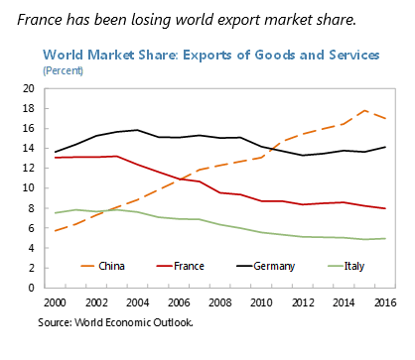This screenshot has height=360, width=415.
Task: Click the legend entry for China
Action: pyautogui.click(x=103, y=266)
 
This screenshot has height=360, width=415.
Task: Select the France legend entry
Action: pyautogui.click(x=181, y=266)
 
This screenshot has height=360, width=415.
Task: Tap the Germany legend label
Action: pyautogui.click(x=266, y=267)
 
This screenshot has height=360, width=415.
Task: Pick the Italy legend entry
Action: pyautogui.click(x=346, y=266)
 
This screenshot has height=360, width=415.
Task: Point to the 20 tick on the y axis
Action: pyautogui.click(x=29, y=88)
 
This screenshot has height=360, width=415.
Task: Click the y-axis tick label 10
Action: pyautogui.click(x=29, y=188)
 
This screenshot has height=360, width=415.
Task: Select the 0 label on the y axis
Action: pyautogui.click(x=32, y=288)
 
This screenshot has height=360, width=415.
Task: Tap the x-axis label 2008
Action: pyautogui.click(x=220, y=302)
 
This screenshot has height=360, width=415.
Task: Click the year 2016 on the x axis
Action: pyautogui.click(x=385, y=302)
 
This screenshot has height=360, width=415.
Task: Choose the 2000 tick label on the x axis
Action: pyautogui.click(x=55, y=302)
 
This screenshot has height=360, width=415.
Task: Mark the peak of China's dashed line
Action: pyautogui.click(x=364, y=110)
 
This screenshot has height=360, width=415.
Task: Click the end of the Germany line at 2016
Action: pyautogui.click(x=385, y=147)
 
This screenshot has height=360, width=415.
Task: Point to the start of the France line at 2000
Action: pyautogui.click(x=55, y=158)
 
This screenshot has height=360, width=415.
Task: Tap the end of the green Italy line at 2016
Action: pyautogui.click(x=385, y=238)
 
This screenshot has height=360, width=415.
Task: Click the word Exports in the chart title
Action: pyautogui.click(x=207, y=55)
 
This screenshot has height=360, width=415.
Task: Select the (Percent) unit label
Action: pyautogui.click(x=63, y=70)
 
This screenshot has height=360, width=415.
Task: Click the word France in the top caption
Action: pyautogui.click(x=40, y=20)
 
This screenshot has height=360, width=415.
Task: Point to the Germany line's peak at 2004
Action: pyautogui.click(x=137, y=130)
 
